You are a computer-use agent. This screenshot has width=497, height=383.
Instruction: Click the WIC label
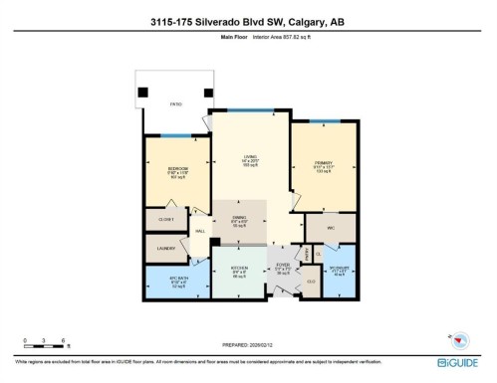coord(328,227)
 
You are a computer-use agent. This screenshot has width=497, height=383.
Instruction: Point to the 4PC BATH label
coord(165,281)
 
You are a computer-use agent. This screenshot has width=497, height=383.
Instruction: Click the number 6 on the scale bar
coord(65,340)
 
